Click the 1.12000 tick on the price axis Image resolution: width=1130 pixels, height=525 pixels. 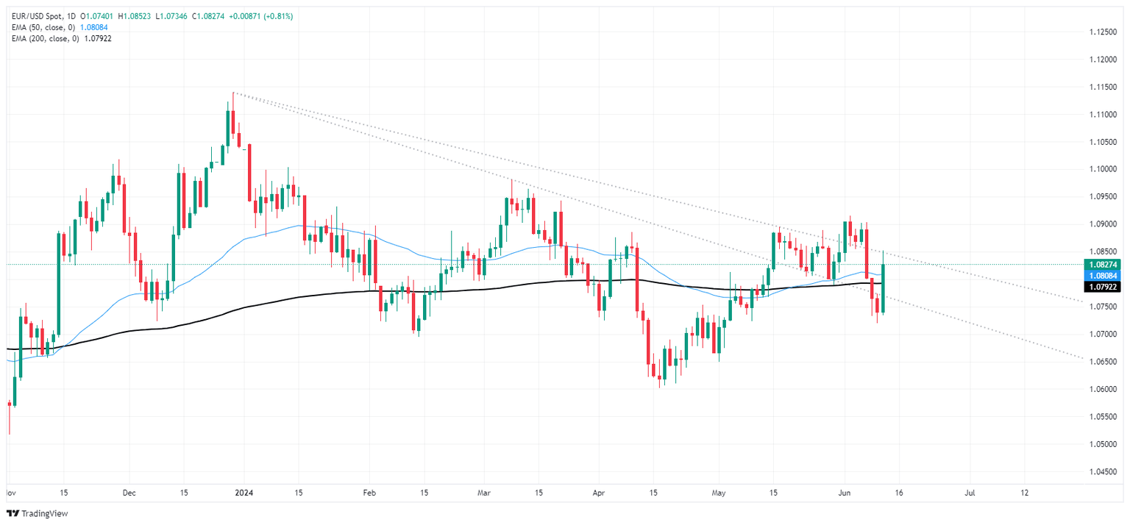pos(1102,60)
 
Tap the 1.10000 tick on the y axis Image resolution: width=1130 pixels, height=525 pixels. pos(1102,169)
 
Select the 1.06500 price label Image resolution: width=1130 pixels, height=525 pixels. pos(1102,362)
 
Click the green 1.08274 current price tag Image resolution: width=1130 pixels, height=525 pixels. pos(1102,264)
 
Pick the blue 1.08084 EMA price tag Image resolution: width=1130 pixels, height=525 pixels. pos(1102,274)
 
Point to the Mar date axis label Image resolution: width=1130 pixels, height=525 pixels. pos(483,493)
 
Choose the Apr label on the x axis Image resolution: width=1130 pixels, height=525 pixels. pos(599,493)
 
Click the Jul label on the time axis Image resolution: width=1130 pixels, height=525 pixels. pos(970,493)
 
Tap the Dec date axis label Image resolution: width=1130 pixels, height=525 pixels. pos(129,493)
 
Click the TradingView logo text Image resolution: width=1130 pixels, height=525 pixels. pos(36,512)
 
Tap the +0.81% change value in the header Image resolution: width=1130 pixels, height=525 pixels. pos(281,16)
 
